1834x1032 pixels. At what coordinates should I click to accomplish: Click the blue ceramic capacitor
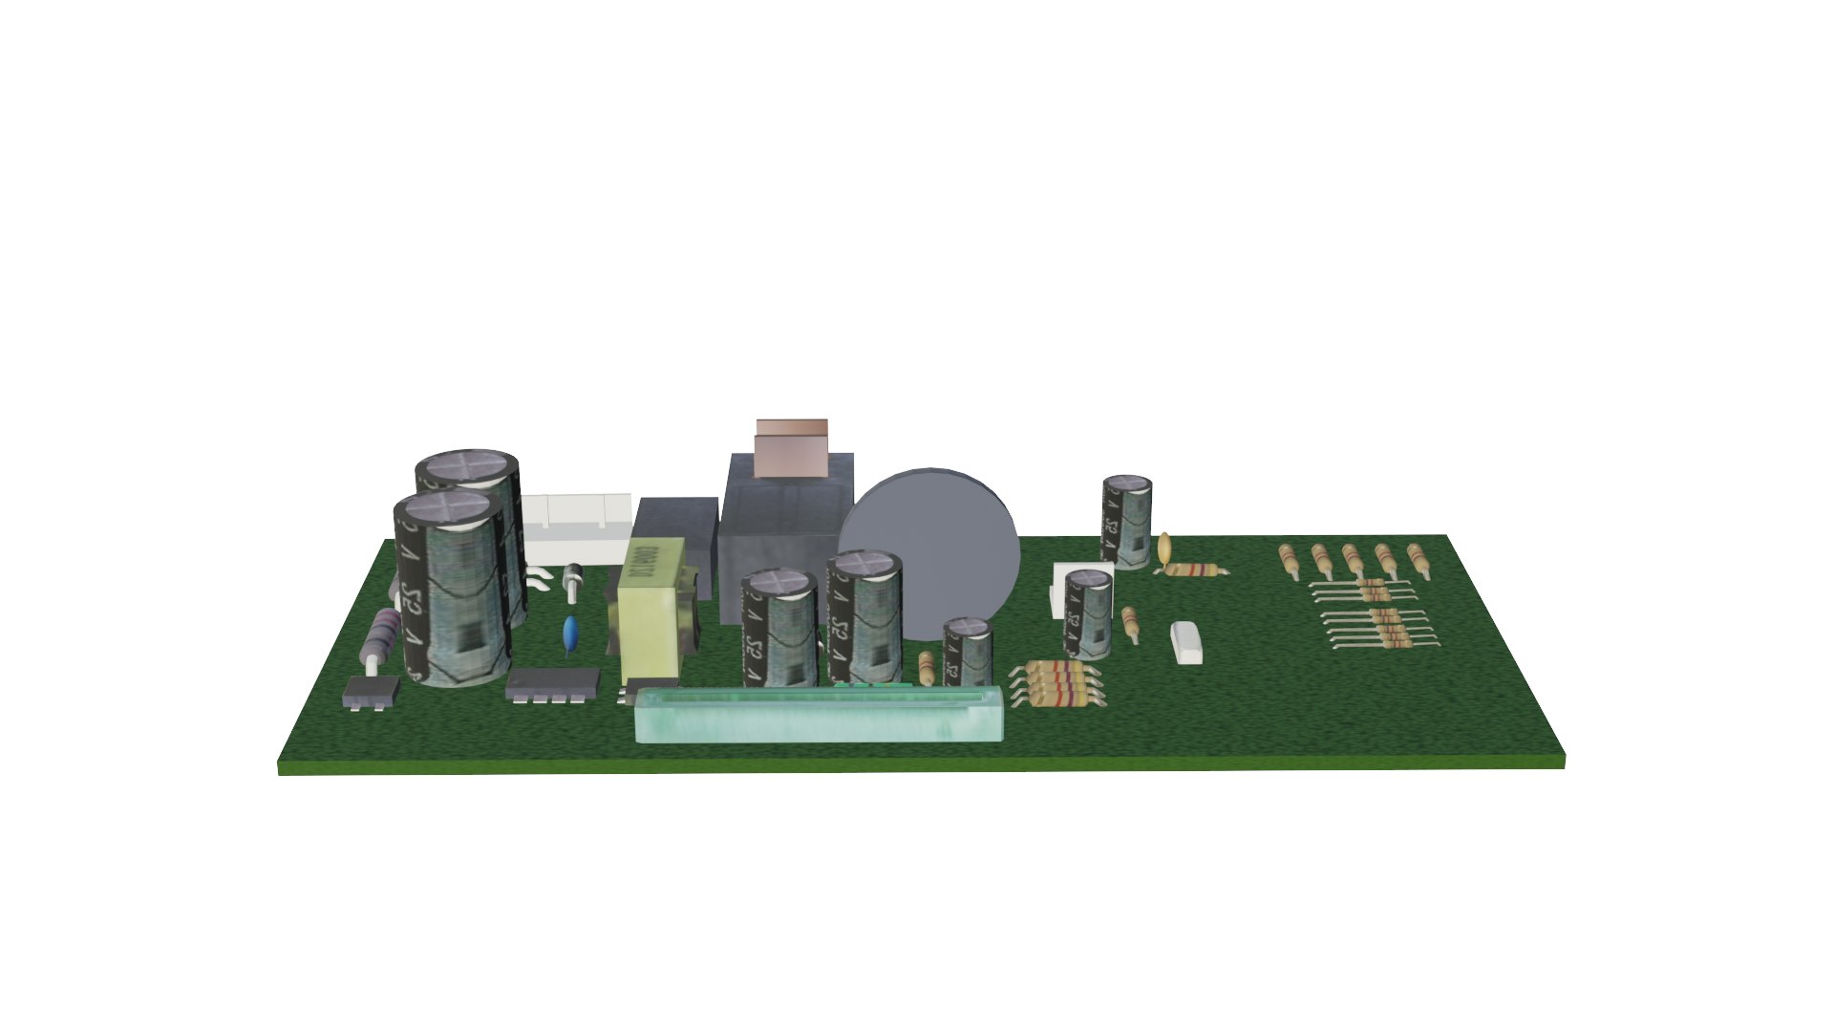[570, 631]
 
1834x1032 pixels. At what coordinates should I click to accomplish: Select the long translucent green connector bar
[820, 714]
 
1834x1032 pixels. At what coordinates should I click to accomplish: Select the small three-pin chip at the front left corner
[371, 692]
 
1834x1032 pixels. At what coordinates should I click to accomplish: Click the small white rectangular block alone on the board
[1186, 641]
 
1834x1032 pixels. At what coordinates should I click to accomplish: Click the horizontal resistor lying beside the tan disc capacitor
[1194, 570]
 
